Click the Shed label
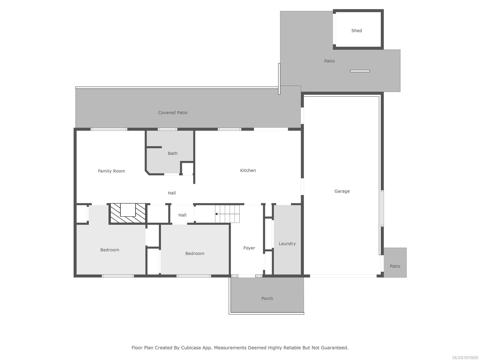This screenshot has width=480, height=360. click(356, 31)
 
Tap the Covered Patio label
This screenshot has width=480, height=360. click(173, 112)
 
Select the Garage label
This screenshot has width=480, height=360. click(342, 191)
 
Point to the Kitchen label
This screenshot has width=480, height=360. click(248, 170)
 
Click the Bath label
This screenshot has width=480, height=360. click(172, 153)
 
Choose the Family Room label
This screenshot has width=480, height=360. click(111, 171)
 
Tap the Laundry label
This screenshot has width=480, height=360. click(287, 244)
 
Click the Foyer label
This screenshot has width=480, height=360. click(249, 248)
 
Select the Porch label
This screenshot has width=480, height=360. click(267, 298)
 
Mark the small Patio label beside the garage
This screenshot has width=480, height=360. click(395, 266)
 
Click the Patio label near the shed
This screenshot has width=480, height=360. click(329, 61)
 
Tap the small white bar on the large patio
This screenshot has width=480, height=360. click(360, 71)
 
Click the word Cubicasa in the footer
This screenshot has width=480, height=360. click(191, 347)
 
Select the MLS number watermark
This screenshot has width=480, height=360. click(465, 358)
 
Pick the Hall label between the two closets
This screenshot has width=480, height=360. click(182, 215)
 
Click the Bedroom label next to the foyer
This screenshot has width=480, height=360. click(195, 253)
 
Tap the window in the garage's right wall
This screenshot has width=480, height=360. click(382, 208)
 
